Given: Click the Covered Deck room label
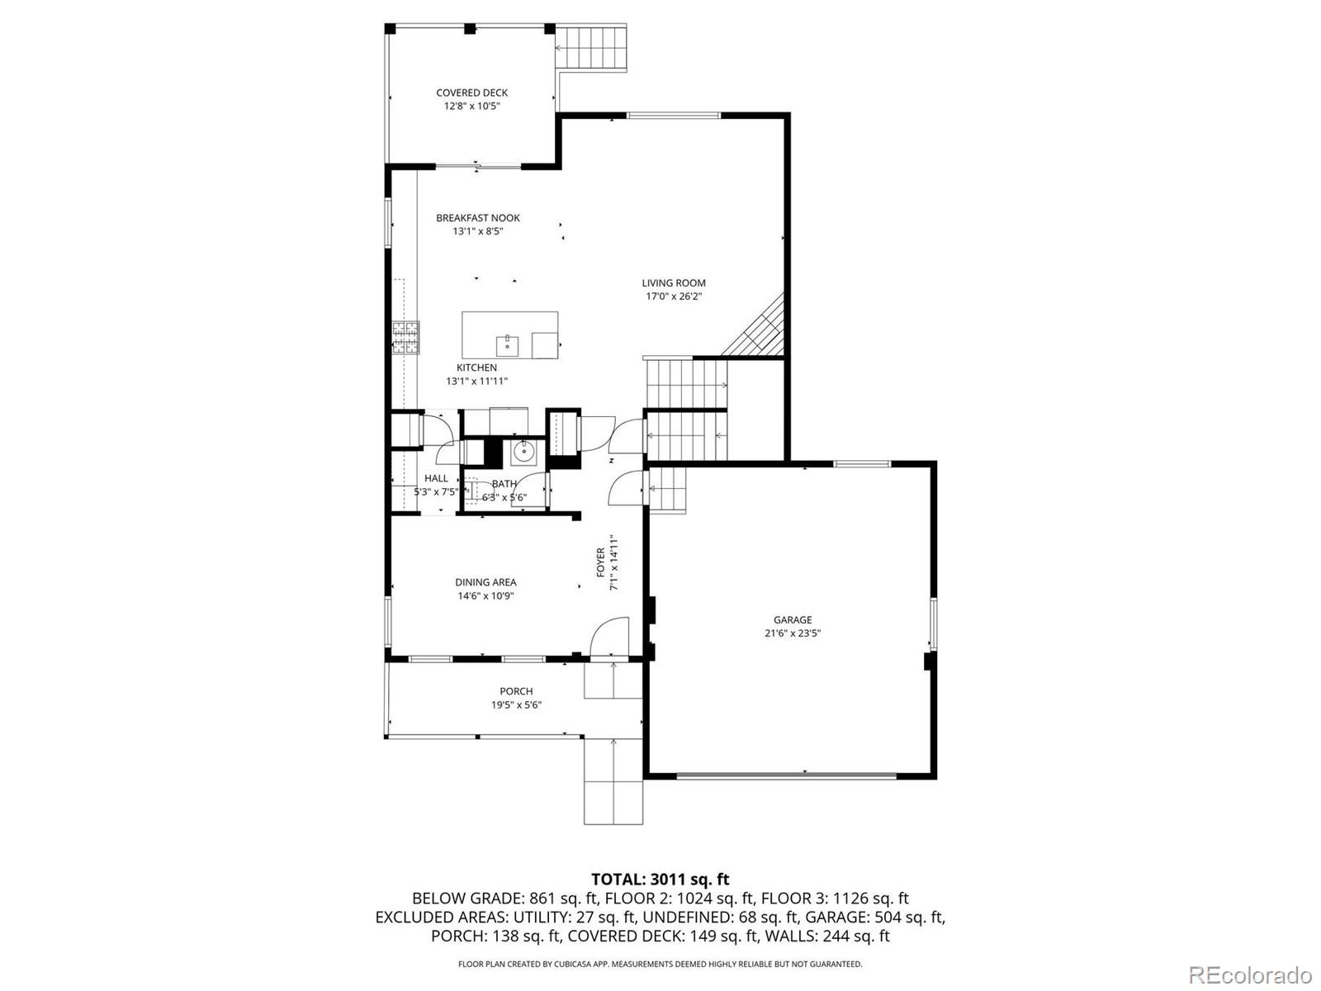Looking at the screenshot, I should point(471,92).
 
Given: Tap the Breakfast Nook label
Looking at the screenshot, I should point(478,218).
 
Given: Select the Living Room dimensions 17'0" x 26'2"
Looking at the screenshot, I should point(674,296).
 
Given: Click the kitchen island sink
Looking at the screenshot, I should point(507,343).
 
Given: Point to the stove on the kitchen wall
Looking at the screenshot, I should point(405,336).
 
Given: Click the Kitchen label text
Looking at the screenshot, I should point(476,367).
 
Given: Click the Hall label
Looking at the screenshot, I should point(436,478).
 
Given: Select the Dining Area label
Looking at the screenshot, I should point(485,582).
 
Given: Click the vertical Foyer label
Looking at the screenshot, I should point(601,563).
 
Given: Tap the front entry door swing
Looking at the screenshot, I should point(609,636).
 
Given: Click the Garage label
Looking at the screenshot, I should point(793,620).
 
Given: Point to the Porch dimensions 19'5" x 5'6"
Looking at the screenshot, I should point(516,705).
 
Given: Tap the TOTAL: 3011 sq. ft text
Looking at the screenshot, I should point(660,880).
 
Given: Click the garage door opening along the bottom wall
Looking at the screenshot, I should point(785,775).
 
